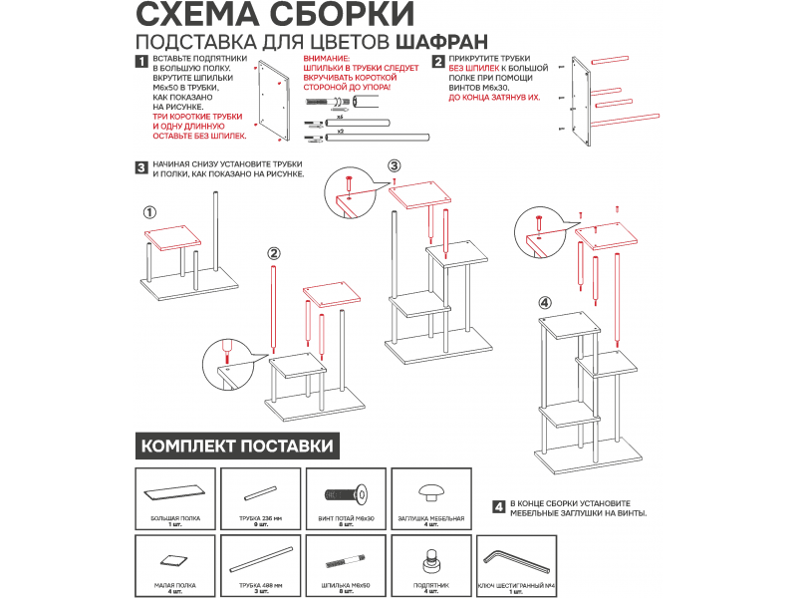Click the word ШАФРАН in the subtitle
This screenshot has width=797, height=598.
441,43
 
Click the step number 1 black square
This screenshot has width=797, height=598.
141,62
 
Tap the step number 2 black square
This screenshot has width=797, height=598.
437,62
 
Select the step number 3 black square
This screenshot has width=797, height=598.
141,166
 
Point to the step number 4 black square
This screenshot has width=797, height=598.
498,506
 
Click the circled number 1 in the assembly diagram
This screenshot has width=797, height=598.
149,211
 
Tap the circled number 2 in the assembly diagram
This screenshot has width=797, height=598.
274,253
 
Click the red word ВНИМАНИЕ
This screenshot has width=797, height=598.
324,59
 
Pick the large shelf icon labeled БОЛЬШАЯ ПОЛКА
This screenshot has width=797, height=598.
175,492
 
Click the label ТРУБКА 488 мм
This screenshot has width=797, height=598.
260,586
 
